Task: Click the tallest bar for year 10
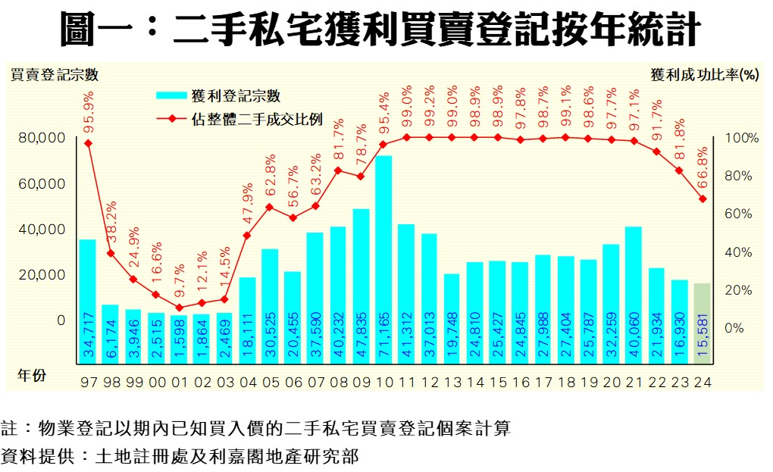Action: click(383, 242)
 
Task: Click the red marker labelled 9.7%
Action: click(179, 308)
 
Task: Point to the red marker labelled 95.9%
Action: click(88, 142)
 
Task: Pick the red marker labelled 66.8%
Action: click(703, 199)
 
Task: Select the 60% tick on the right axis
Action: click(737, 214)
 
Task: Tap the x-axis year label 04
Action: click(248, 383)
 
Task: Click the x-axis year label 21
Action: click(634, 383)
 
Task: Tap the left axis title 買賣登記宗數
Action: click(54, 75)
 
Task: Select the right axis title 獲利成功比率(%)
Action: click(705, 75)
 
